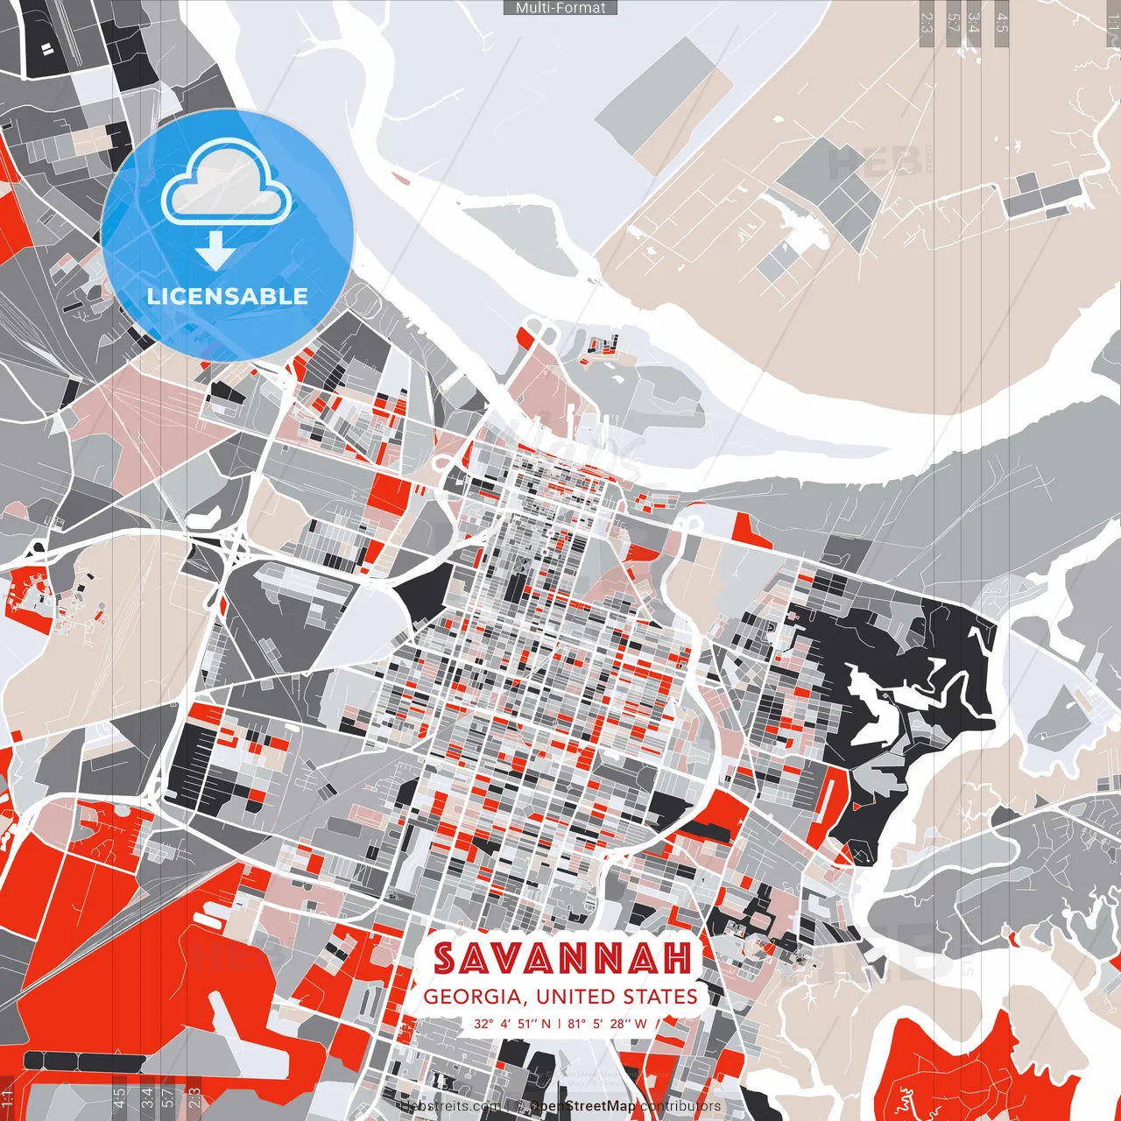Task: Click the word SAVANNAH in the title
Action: click(562, 958)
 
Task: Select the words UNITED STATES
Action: click(617, 997)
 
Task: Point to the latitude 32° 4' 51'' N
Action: click(513, 1023)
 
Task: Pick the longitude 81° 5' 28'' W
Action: click(607, 1023)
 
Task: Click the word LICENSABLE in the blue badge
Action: click(227, 296)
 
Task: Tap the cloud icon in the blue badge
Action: click(227, 185)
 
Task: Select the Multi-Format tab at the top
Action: click(560, 8)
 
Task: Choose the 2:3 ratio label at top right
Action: click(927, 23)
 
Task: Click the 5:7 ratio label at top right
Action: click(954, 23)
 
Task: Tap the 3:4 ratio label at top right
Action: click(975, 23)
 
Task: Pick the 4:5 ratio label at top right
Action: click(1002, 23)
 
